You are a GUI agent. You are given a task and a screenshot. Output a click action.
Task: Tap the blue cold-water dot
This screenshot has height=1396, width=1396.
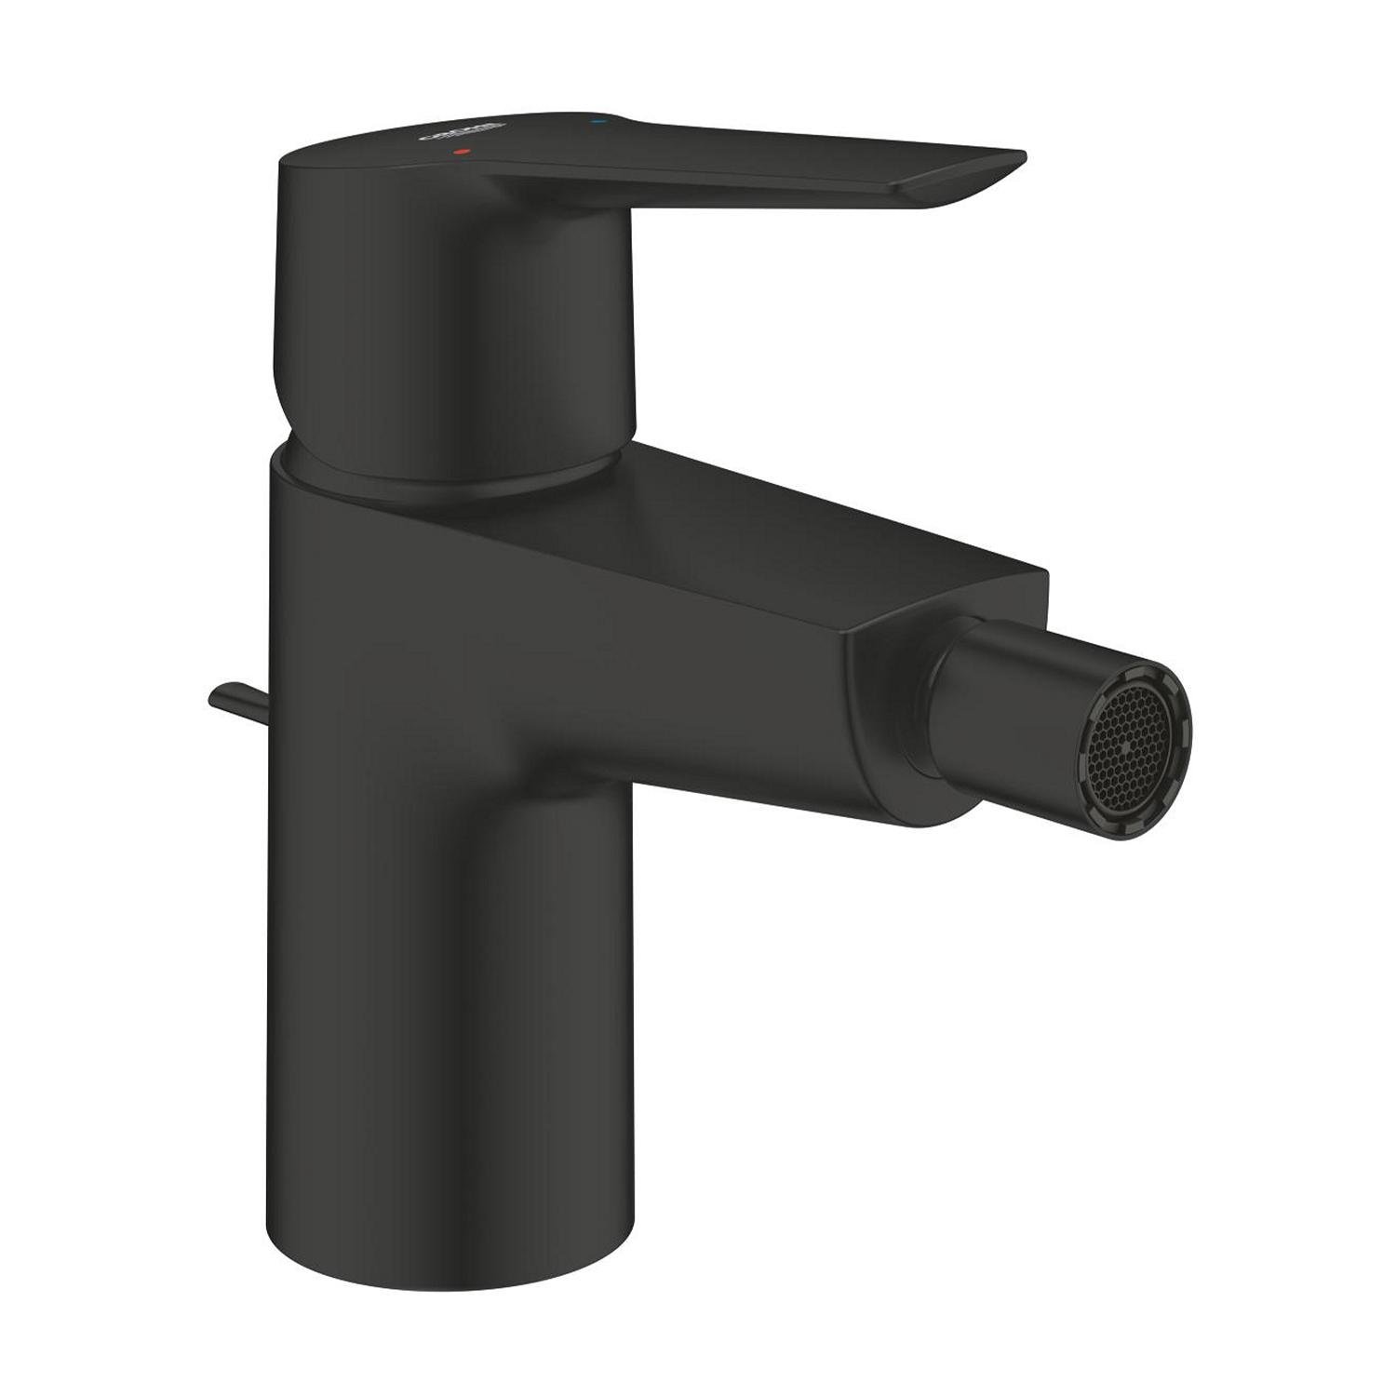pyautogui.click(x=597, y=121)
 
